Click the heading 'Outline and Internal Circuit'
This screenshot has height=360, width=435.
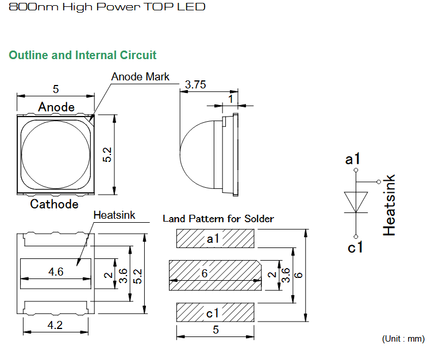click(x=82, y=55)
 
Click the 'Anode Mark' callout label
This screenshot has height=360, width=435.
click(x=140, y=77)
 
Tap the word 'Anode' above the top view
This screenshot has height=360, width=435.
click(x=56, y=107)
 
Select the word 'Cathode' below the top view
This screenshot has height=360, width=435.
click(x=55, y=204)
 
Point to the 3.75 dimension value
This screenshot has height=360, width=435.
click(x=195, y=84)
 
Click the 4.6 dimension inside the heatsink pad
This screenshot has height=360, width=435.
click(x=56, y=272)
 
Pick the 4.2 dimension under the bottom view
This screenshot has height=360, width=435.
click(x=55, y=325)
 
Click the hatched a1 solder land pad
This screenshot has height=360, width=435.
click(x=215, y=238)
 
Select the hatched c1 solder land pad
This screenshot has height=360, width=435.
click(x=215, y=312)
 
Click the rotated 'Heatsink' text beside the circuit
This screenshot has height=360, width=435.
click(x=389, y=205)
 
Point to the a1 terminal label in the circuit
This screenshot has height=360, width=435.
click(x=353, y=159)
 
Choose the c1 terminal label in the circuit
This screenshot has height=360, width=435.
click(x=355, y=247)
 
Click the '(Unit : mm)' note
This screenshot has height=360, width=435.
click(x=403, y=339)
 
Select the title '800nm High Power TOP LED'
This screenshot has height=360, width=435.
click(x=107, y=7)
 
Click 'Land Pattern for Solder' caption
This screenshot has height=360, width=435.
click(x=218, y=219)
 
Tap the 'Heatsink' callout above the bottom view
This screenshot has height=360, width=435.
click(x=114, y=215)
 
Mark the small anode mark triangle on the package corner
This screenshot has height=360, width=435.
click(x=91, y=118)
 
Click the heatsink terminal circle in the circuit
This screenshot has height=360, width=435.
click(x=379, y=182)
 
